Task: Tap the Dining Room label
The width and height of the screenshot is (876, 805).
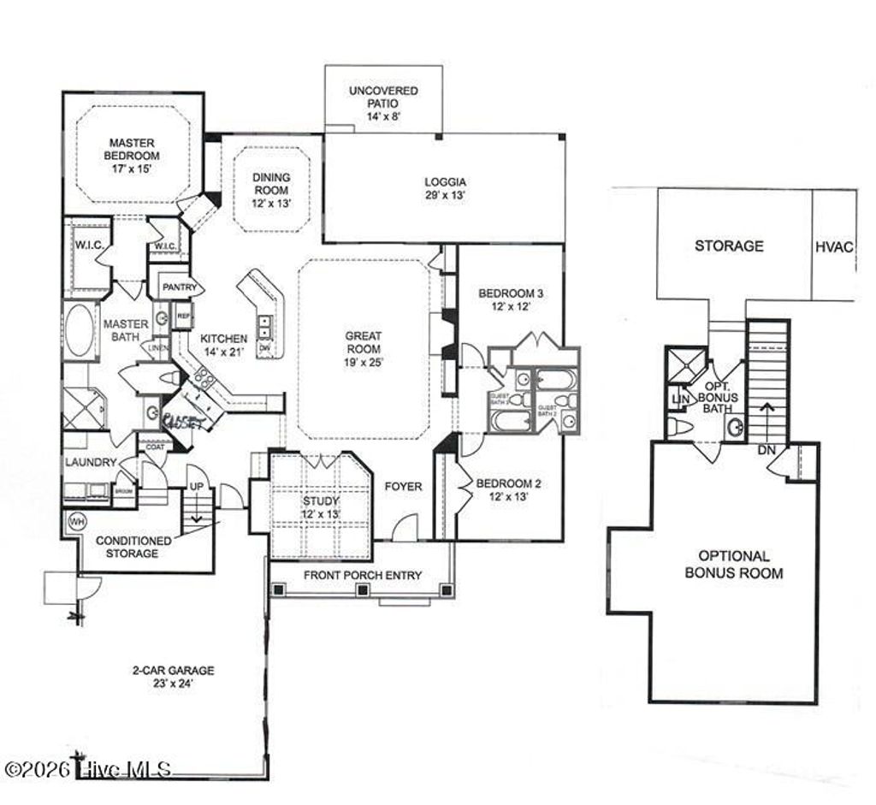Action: [270, 190]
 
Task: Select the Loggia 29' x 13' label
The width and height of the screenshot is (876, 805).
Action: [445, 188]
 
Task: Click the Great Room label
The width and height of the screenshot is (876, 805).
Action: [364, 348]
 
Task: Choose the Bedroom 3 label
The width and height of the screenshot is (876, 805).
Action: [512, 299]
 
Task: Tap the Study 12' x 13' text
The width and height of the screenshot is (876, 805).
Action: [321, 507]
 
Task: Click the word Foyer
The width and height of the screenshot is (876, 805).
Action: [403, 487]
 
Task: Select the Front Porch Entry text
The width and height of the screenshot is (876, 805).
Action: [363, 575]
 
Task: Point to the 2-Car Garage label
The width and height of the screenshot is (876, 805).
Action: [168, 677]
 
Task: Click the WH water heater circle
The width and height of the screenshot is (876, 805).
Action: [76, 521]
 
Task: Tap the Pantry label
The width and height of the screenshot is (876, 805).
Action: [180, 287]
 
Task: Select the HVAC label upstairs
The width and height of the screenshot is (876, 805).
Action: [834, 246]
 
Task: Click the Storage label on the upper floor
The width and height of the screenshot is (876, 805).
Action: [729, 246]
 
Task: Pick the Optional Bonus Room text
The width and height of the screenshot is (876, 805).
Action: [733, 565]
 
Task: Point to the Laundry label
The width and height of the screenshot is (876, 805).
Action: [91, 462]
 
